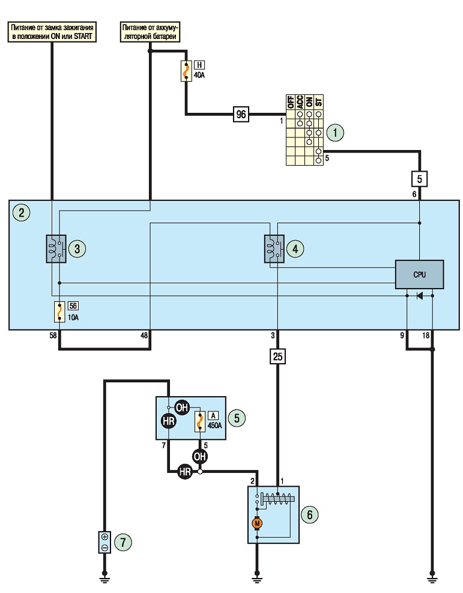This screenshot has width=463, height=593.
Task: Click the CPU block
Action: click(419, 274)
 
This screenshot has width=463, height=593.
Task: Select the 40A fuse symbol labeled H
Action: click(186, 71)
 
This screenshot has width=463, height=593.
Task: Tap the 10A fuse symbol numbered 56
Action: click(59, 312)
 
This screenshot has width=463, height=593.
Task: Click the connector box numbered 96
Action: click(241, 114)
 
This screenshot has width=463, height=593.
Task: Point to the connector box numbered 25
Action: click(277, 357)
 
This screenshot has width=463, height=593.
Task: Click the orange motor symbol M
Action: click(257, 523)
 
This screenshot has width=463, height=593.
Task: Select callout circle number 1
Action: click(335, 133)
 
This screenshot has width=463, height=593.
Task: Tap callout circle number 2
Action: click(21, 212)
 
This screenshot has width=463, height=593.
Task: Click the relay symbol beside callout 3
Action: click(56, 249)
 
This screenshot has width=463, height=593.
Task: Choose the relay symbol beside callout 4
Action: click(274, 249)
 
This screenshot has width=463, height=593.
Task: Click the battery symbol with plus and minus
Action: click(104, 542)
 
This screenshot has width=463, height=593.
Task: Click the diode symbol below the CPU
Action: click(419, 296)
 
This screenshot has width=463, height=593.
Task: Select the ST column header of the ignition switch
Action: click(319, 101)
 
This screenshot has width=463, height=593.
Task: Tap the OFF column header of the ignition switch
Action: click(291, 101)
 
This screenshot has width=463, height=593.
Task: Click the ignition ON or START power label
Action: click(52, 32)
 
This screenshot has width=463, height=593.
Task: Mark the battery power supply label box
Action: click(150, 32)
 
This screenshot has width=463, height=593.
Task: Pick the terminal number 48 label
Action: click(144, 336)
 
